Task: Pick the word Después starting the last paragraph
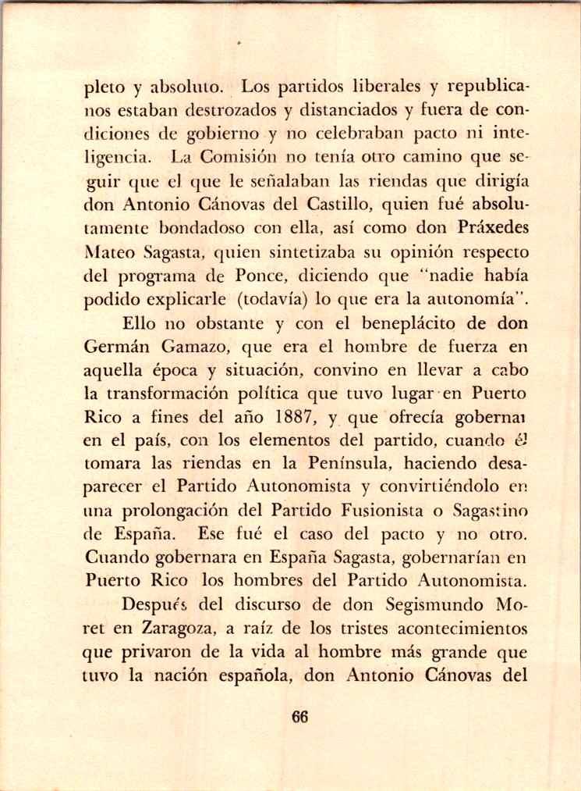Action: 153,606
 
